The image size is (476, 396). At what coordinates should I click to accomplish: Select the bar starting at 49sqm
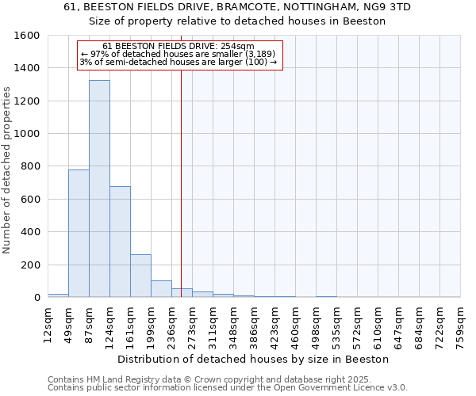(x=79, y=234)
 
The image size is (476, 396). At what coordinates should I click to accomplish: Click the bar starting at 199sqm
(x=161, y=289)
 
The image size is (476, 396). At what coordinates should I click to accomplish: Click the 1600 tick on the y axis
(x=28, y=36)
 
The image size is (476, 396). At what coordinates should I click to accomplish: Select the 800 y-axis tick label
(x=31, y=166)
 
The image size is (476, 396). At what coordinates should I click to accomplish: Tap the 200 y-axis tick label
(x=31, y=265)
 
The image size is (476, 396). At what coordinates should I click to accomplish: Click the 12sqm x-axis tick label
(x=48, y=324)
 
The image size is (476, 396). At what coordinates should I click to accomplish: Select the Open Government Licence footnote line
(x=227, y=387)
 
